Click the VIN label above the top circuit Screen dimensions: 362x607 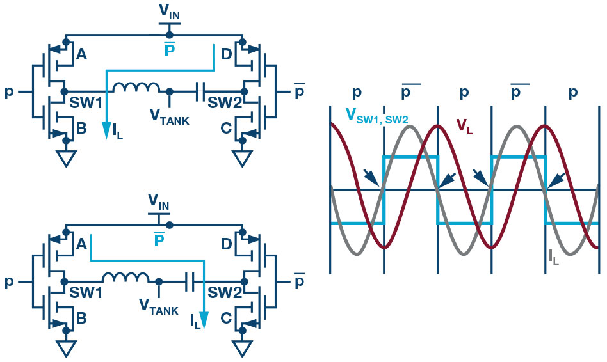coord(170,13)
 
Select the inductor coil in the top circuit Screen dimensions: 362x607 coord(136,88)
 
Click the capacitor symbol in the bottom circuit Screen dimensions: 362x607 coord(190,279)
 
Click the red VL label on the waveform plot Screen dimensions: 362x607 coord(465,125)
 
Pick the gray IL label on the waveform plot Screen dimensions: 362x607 coord(554,257)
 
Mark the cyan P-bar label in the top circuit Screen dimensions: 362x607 coord(170,49)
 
